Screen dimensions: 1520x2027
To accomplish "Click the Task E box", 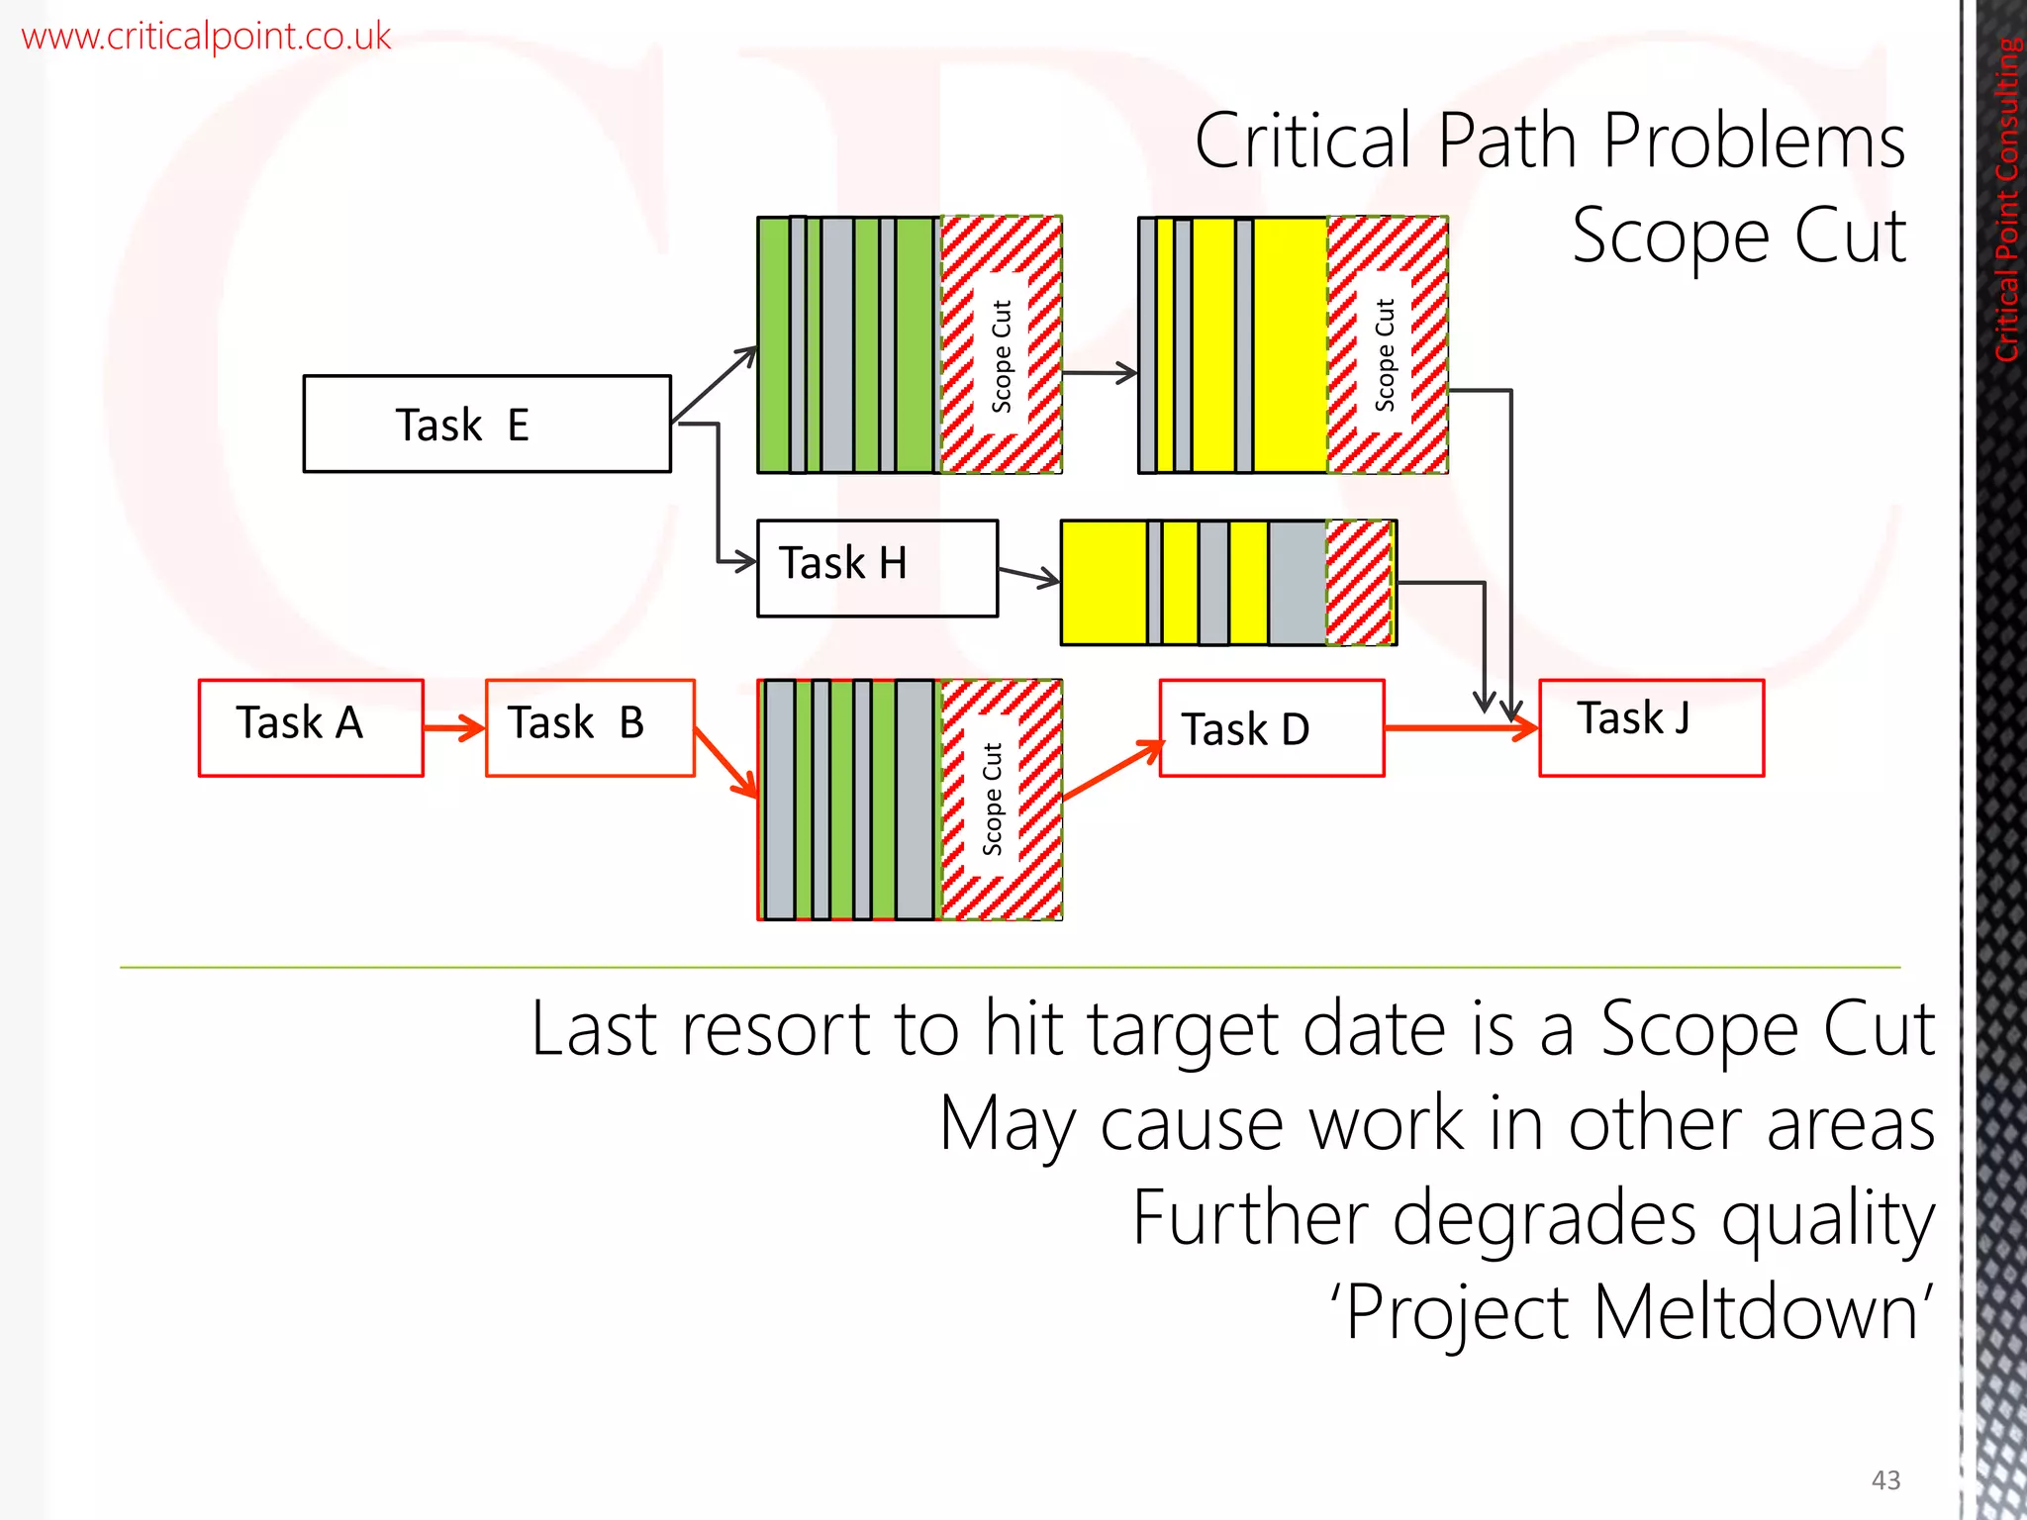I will click(x=487, y=424).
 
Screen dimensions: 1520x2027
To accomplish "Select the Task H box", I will click(x=877, y=568).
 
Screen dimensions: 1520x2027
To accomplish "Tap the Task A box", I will click(x=311, y=727).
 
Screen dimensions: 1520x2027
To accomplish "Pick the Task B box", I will click(x=590, y=727).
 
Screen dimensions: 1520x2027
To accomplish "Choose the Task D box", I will click(x=1271, y=728).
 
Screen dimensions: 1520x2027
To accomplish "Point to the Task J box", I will click(x=1651, y=727).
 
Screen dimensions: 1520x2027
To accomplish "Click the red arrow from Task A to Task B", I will click(x=454, y=729).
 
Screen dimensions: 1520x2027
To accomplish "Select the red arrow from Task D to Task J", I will click(x=1460, y=729).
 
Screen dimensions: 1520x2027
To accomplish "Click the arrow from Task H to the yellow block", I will click(x=1028, y=576).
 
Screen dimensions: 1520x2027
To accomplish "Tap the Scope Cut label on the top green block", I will click(x=1002, y=356).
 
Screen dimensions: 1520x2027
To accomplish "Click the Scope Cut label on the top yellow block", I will click(x=1385, y=354).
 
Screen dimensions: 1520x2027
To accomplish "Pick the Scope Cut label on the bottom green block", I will click(x=992, y=799).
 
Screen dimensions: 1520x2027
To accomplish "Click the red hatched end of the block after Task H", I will click(x=1360, y=583).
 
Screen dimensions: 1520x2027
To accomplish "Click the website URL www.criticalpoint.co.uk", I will click(x=206, y=37).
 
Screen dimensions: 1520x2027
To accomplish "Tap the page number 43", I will click(x=1885, y=1479).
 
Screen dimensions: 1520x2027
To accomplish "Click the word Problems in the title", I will click(x=1753, y=142).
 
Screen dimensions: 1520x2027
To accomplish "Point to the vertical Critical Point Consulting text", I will click(x=2007, y=198).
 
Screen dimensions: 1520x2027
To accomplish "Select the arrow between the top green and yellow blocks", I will click(x=1099, y=373).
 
